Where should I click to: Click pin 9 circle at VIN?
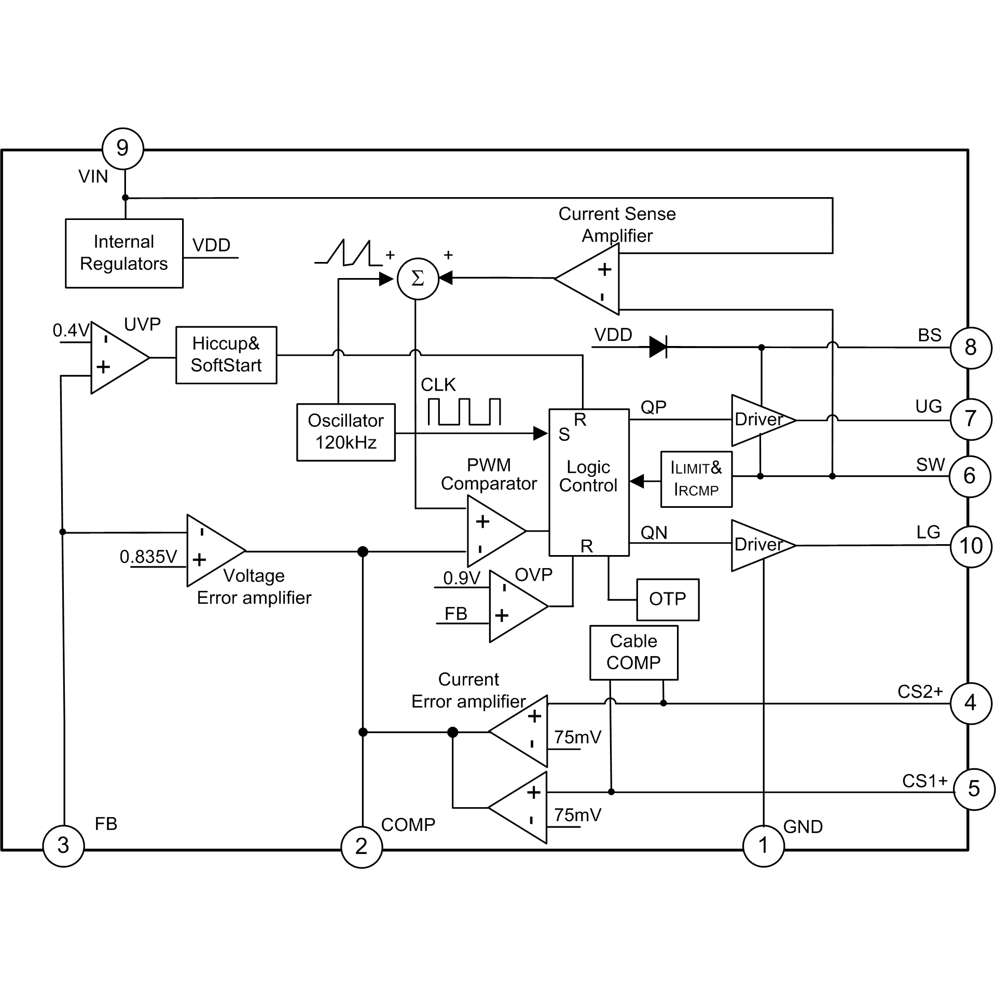122,148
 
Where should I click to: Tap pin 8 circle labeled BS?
971,348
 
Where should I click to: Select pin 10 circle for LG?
971,546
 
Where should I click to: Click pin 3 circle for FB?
63,845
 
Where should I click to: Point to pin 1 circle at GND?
763,846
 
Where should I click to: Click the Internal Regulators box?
124,253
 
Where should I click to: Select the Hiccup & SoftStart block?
226,355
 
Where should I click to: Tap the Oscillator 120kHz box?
345,432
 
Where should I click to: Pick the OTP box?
668,599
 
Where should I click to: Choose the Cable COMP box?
633,652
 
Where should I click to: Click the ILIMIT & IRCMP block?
696,479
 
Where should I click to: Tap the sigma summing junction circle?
418,279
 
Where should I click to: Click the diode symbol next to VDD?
658,346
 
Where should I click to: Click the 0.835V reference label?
148,557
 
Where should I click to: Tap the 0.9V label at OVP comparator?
462,578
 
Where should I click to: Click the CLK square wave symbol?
464,412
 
